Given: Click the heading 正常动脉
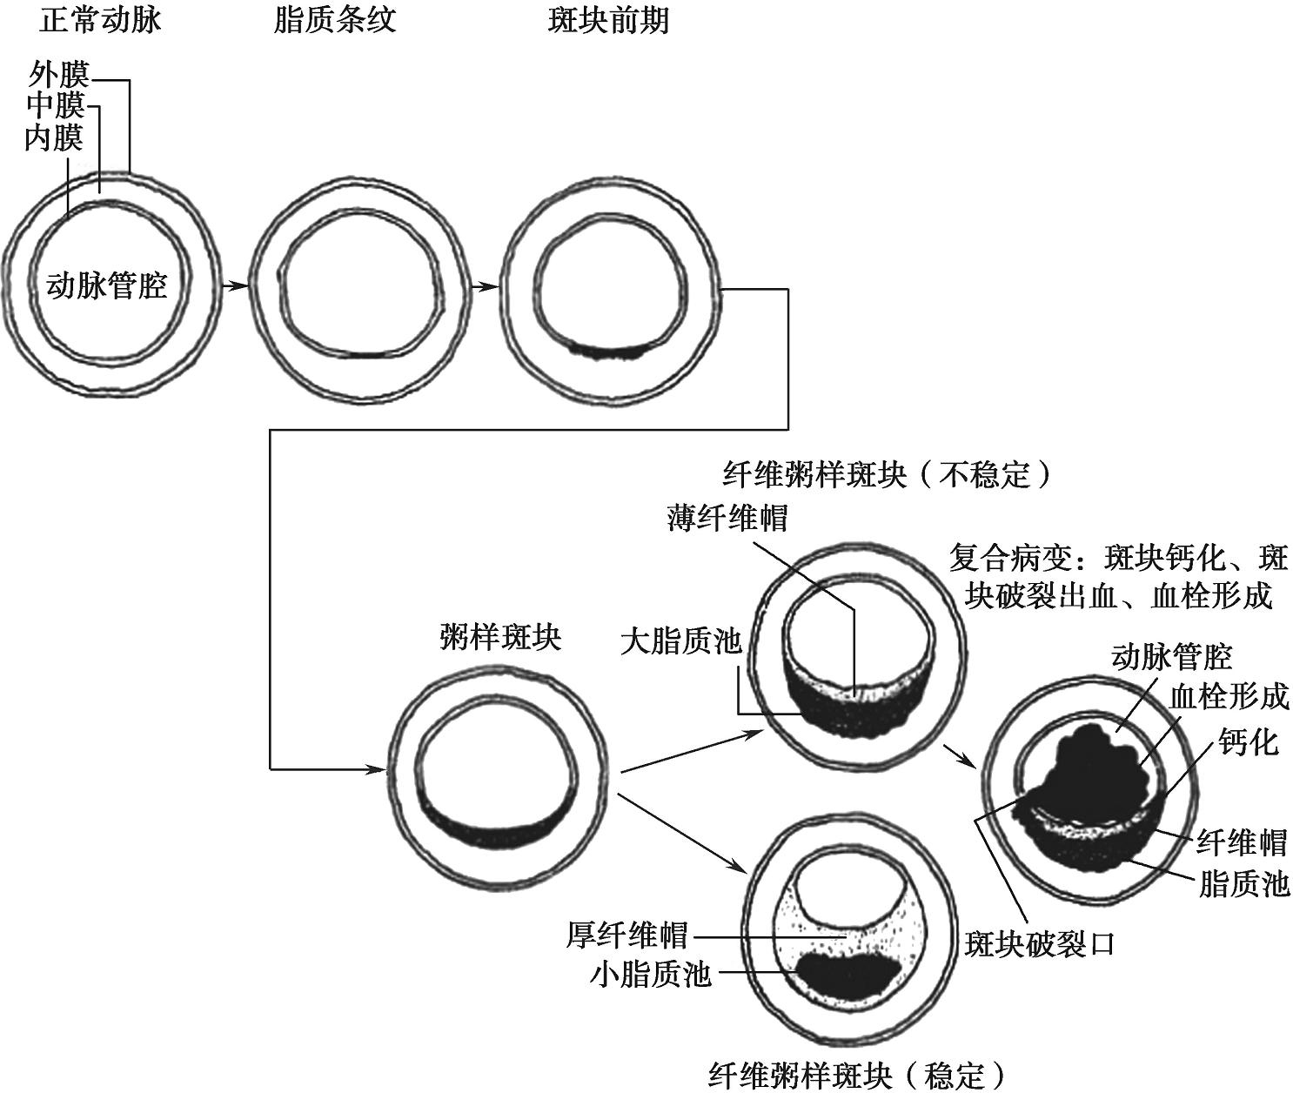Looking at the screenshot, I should (x=100, y=20).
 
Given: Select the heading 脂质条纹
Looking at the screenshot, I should (x=334, y=20).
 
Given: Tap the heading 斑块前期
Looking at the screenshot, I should (x=608, y=20).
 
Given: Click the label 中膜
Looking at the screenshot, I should (x=55, y=106).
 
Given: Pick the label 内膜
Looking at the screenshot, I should (x=53, y=137).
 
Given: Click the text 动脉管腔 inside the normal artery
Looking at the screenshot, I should (x=106, y=285).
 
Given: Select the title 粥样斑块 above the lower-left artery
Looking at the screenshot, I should (x=500, y=638).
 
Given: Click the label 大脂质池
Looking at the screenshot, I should (x=680, y=642).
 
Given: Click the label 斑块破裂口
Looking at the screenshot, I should (x=1040, y=943).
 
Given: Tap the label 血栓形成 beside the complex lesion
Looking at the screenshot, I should (x=1229, y=697).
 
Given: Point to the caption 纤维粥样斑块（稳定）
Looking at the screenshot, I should (x=856, y=1076).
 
